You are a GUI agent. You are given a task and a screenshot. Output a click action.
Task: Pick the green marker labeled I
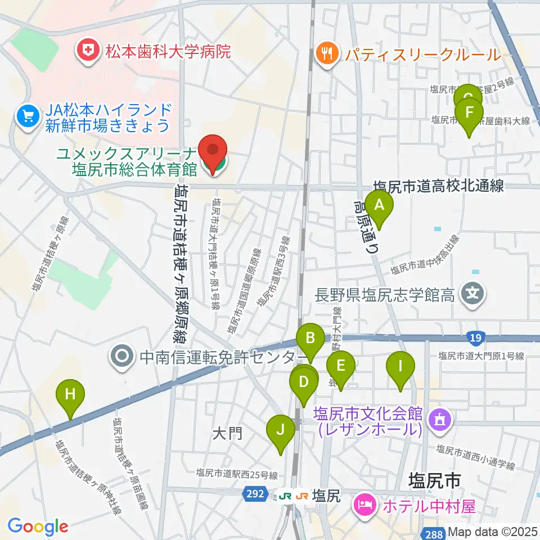[x=400, y=367]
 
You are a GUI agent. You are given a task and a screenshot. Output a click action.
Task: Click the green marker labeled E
[x=340, y=366]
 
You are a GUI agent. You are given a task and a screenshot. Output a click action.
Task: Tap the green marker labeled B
[x=310, y=339]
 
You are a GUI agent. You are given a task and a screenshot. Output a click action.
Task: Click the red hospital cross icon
[x=87, y=52]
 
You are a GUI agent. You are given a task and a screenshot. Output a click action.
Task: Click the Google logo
[x=38, y=526]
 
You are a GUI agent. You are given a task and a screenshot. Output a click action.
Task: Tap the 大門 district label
[x=227, y=433]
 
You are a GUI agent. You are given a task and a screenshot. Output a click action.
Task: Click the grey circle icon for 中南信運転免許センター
[x=121, y=357]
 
